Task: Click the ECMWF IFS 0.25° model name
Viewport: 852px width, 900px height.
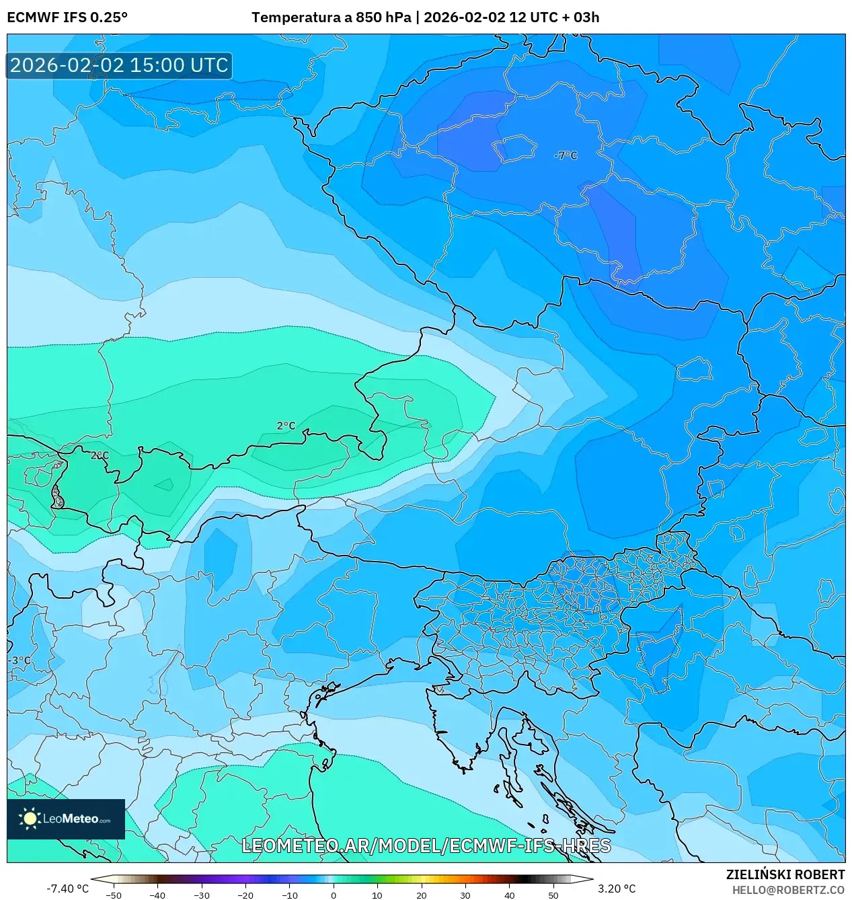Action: click(67, 17)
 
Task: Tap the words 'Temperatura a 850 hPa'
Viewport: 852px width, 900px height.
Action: click(331, 17)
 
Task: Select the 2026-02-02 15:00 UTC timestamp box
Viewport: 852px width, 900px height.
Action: click(119, 66)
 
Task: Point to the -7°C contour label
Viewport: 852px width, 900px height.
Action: click(566, 155)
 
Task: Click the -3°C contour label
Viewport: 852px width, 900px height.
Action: click(20, 661)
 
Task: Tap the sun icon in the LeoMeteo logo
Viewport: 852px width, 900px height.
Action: click(30, 819)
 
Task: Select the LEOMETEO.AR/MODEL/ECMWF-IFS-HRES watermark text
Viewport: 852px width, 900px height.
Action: click(426, 846)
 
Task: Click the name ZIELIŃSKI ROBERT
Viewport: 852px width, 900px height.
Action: click(785, 874)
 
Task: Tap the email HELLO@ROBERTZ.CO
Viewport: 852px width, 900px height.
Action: click(788, 890)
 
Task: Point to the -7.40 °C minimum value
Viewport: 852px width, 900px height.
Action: click(67, 889)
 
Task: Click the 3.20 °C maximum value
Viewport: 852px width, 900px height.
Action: click(617, 889)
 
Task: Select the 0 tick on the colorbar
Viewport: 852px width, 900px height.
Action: click(334, 895)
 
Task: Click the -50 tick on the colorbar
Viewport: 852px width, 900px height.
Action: click(114, 895)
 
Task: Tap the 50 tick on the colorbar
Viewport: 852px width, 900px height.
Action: click(553, 895)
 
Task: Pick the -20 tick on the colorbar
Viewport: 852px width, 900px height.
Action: click(245, 895)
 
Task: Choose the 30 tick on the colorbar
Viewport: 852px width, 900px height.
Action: click(465, 895)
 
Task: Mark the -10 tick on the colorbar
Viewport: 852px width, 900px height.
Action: click(289, 895)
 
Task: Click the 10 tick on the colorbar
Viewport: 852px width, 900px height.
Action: click(377, 895)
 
